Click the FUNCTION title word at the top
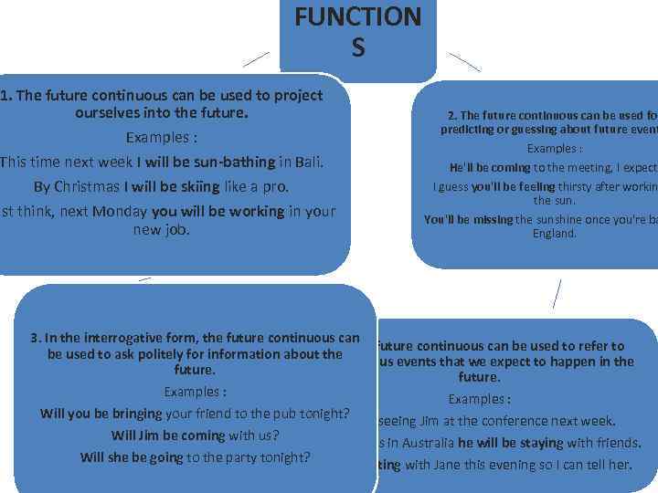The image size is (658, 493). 357,16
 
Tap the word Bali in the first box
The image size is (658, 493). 309,163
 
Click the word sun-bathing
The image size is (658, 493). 230,163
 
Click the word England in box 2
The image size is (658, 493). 555,234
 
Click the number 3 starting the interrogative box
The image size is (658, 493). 34,338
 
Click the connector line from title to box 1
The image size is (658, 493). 256,59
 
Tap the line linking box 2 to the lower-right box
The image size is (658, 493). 557,294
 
